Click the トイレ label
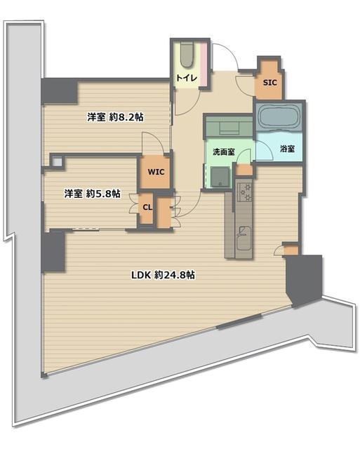(x=187, y=78)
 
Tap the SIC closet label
(x=270, y=83)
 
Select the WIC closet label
(x=156, y=172)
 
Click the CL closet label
(x=147, y=207)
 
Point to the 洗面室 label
(x=224, y=152)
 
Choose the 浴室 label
(x=287, y=149)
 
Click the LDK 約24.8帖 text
(x=164, y=275)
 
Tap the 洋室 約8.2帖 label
(x=115, y=117)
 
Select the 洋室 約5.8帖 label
(x=92, y=194)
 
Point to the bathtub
(x=279, y=118)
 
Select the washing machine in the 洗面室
(x=220, y=177)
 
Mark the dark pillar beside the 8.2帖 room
(x=60, y=91)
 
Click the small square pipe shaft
(x=57, y=162)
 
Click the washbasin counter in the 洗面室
(x=229, y=126)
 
